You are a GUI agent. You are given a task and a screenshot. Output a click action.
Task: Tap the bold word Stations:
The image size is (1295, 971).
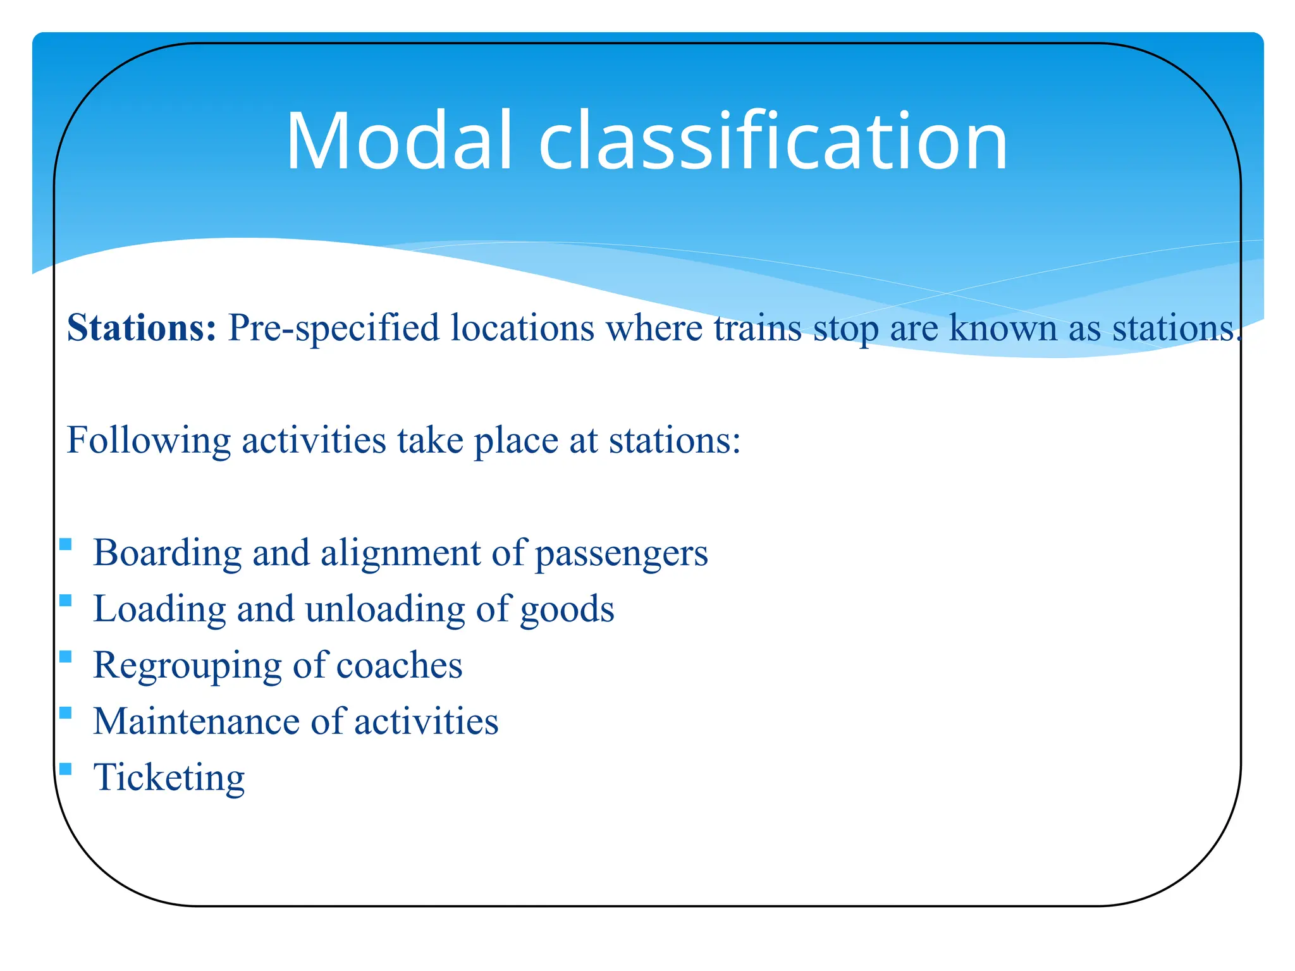click(142, 328)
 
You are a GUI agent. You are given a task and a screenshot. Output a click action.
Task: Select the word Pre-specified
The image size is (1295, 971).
click(333, 328)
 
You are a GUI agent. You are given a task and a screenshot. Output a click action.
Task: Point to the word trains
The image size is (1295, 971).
click(758, 328)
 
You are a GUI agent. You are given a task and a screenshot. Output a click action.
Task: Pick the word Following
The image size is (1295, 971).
click(149, 440)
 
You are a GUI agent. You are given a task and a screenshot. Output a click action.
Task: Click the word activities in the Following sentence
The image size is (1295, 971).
click(314, 440)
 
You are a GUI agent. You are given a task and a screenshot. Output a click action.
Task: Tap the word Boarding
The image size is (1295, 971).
click(168, 553)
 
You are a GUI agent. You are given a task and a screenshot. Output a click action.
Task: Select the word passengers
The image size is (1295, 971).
click(622, 553)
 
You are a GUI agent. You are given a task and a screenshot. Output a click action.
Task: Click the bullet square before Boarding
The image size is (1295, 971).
click(66, 544)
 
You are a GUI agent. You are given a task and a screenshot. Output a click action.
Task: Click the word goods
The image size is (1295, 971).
click(567, 609)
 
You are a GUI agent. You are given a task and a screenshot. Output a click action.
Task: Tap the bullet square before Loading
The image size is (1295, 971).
click(66, 600)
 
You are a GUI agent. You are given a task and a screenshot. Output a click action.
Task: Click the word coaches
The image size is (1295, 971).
click(399, 666)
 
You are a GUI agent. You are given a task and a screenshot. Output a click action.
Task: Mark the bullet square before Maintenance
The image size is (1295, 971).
click(66, 713)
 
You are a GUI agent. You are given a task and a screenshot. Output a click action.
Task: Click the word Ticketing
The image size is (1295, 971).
click(169, 778)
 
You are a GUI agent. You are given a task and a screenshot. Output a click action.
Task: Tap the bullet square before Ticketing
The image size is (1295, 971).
click(66, 769)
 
